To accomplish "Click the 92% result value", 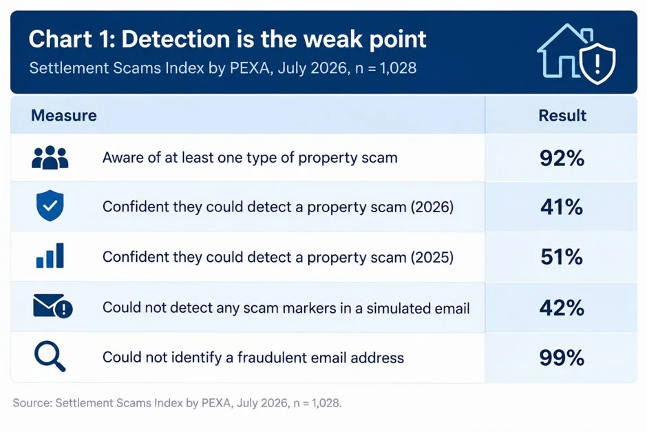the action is (x=562, y=158).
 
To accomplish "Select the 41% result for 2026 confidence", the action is (x=562, y=207).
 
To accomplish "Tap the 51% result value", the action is (x=562, y=257).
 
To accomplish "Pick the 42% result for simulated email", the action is (x=562, y=308).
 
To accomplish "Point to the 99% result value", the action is (x=562, y=358).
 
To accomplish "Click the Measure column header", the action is (x=64, y=116).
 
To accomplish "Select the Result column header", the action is (x=562, y=116).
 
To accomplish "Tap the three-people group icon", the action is (x=50, y=157).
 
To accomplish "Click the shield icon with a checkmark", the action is (x=50, y=206).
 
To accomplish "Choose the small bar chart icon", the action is (x=50, y=256).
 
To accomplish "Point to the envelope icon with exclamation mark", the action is (x=52, y=306).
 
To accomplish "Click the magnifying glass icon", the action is (x=50, y=356).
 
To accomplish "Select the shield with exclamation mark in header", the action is (x=597, y=63).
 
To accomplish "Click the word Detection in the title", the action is (x=176, y=39).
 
